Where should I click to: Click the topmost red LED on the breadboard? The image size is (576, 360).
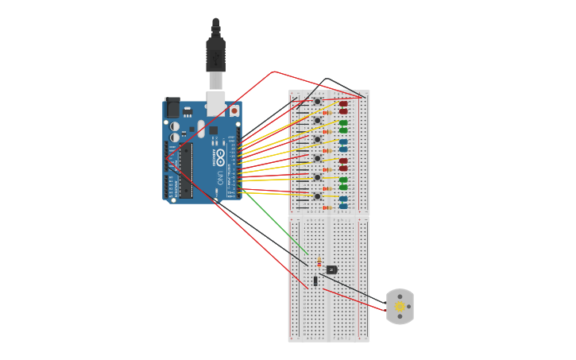point(343,103)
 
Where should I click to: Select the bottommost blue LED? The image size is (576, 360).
point(343,206)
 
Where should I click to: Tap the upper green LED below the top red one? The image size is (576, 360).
point(343,122)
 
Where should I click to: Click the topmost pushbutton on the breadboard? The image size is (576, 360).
point(317,102)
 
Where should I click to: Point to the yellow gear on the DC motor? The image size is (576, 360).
point(400,307)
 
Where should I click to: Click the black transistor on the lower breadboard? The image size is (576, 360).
point(332,269)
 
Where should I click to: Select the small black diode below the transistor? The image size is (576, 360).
point(315,281)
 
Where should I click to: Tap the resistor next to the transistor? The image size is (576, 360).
point(319,261)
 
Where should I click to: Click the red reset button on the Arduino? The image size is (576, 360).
point(234,110)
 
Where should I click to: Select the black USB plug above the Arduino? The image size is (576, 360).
point(215,52)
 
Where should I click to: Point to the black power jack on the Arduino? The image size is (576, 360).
point(172,107)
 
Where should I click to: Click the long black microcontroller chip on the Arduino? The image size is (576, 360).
point(185,170)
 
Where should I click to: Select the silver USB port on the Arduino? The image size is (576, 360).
point(216,103)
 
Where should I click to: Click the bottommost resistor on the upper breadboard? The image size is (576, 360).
point(326,208)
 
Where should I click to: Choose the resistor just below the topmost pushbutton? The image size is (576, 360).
point(326,113)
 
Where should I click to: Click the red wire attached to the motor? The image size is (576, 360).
point(354,300)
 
